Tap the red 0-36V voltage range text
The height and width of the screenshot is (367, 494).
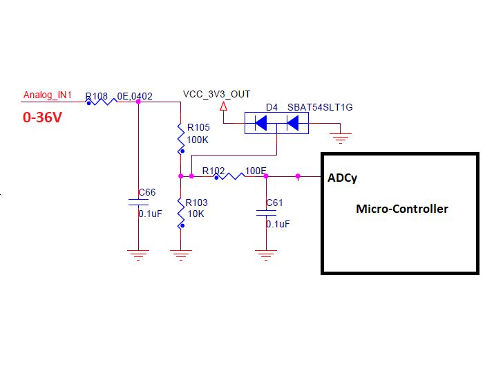[43, 118]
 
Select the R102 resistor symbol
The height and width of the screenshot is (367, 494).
[229, 177]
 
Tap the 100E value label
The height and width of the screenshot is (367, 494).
[256, 169]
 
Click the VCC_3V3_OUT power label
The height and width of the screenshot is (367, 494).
[216, 94]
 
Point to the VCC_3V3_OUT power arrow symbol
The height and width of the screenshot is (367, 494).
[223, 107]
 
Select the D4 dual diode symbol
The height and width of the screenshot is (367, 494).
[276, 124]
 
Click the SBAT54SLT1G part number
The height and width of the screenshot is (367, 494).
[320, 109]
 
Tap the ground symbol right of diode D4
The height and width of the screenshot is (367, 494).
[339, 138]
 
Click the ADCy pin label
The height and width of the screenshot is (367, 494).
[342, 178]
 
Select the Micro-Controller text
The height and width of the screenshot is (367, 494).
[401, 209]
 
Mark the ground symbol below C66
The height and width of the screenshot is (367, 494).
[139, 254]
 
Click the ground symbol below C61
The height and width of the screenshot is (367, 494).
[266, 254]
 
